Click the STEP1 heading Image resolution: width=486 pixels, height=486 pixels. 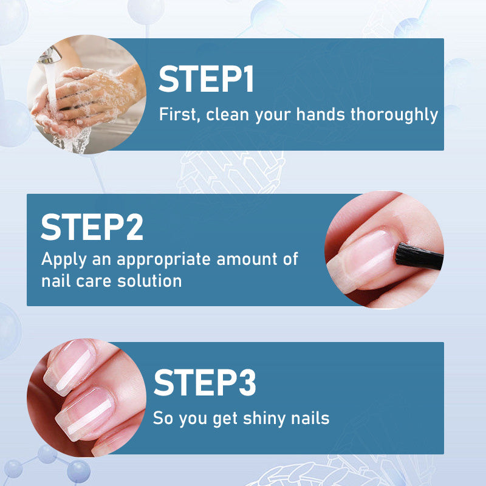click(x=207, y=80)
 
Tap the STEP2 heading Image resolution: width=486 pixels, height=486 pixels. click(x=92, y=227)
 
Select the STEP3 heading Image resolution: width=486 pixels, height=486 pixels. click(x=205, y=383)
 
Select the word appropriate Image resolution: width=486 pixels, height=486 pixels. click(x=162, y=260)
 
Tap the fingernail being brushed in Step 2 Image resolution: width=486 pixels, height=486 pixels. click(x=362, y=255)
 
